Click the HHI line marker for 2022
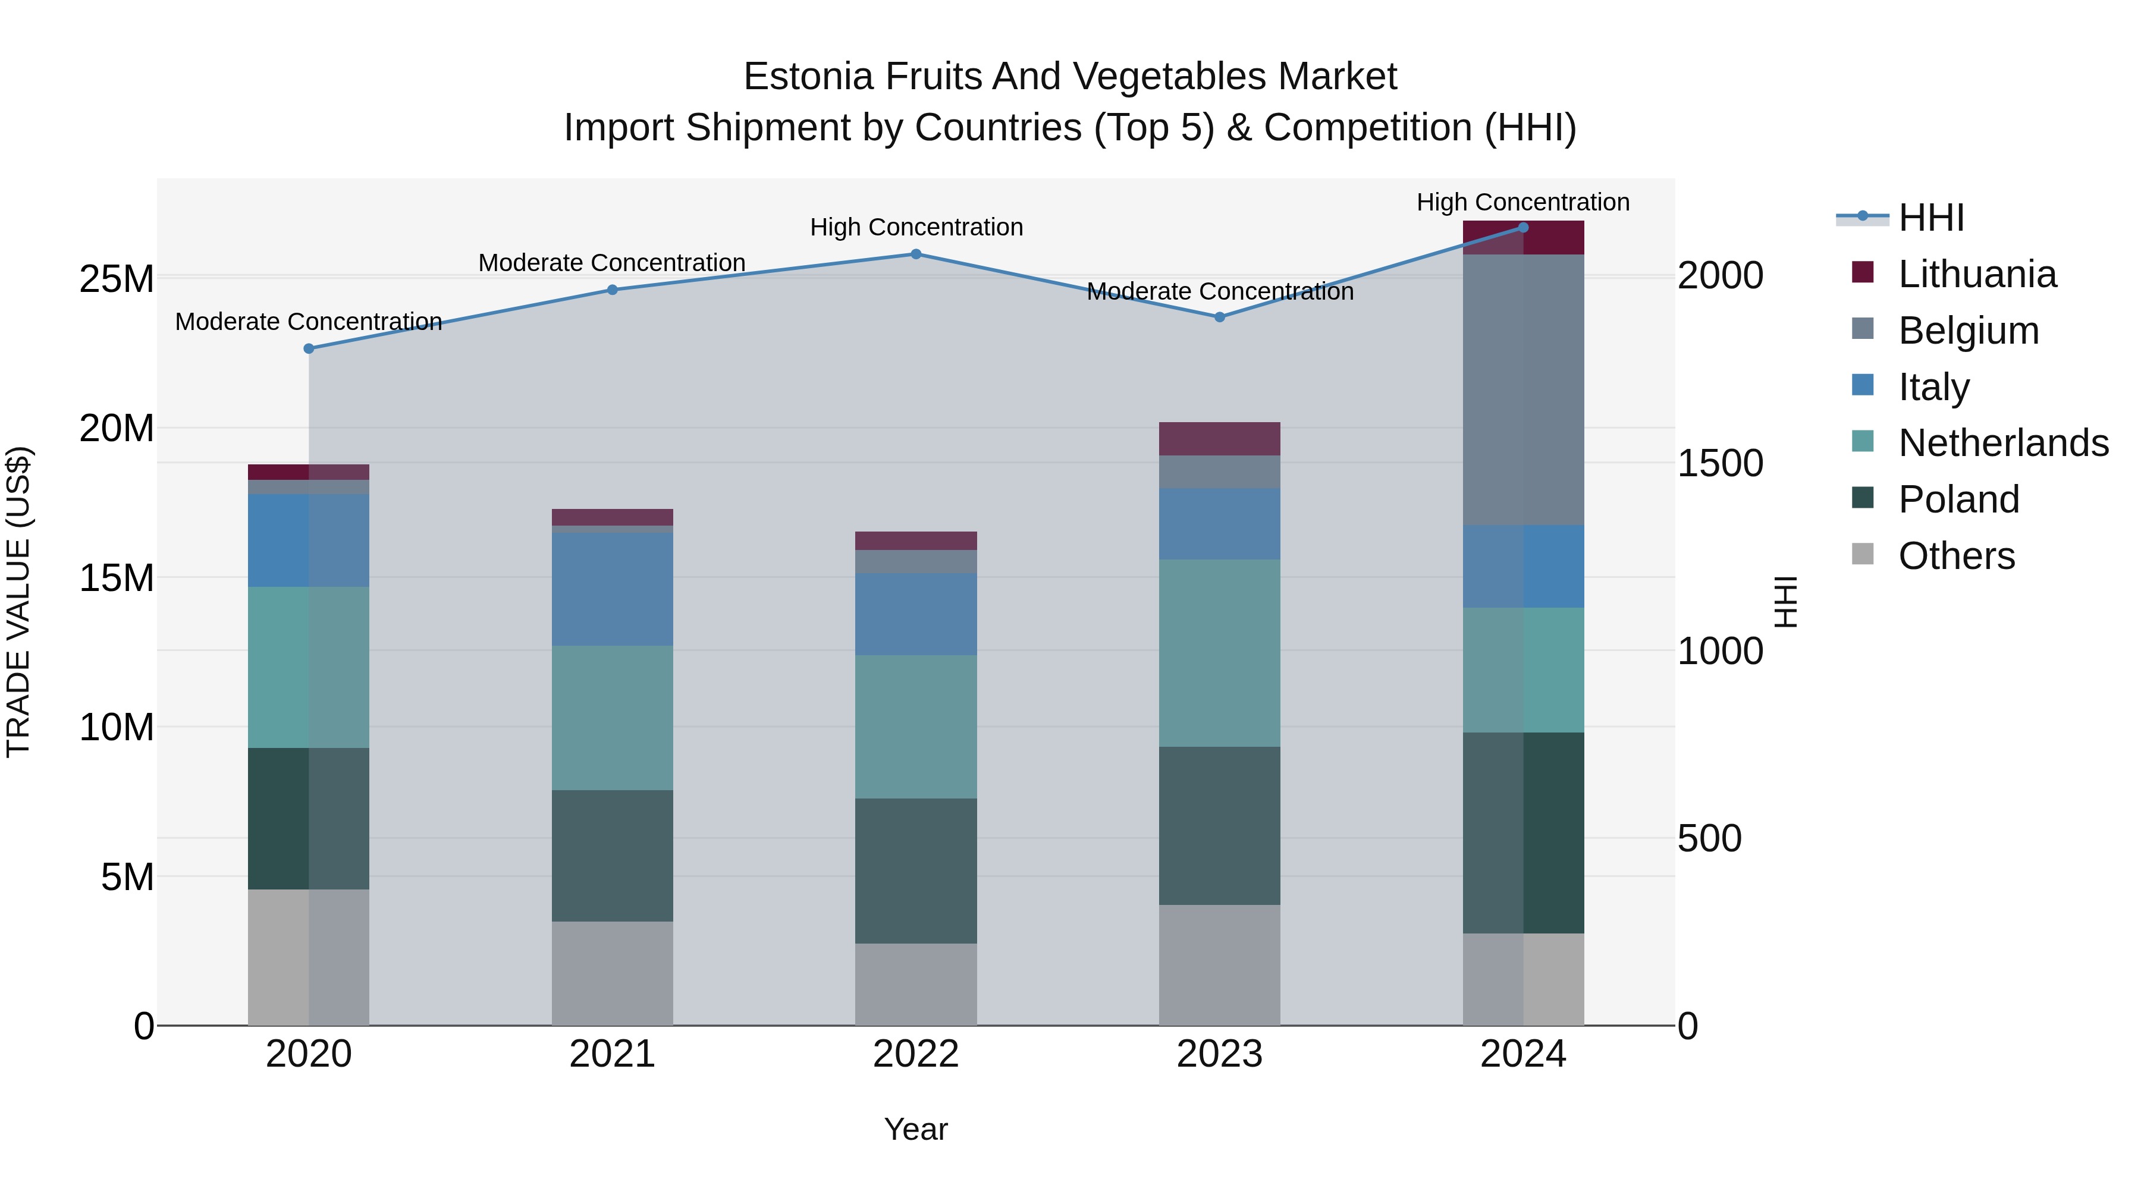tap(916, 254)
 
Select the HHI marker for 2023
tap(1219, 317)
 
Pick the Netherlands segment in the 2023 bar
tap(1219, 653)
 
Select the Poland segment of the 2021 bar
tap(613, 856)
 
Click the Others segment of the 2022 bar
tap(916, 985)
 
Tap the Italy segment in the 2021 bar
tap(613, 589)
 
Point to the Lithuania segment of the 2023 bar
tap(1219, 439)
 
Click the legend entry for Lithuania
tap(1976, 274)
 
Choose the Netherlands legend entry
tap(2003, 443)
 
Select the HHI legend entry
tap(1930, 218)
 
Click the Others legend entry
tap(1955, 556)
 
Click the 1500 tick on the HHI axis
tap(1719, 464)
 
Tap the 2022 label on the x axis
tap(916, 1054)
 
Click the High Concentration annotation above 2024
tap(1522, 202)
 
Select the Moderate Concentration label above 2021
tap(612, 263)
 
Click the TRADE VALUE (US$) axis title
tap(18, 602)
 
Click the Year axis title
tap(916, 1129)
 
